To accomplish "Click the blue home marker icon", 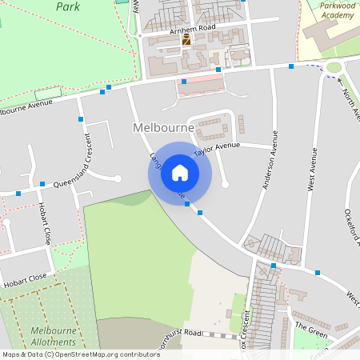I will click(x=180, y=173).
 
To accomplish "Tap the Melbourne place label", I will click(x=162, y=128).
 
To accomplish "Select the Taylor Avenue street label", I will click(x=216, y=148).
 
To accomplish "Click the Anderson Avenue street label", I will click(x=271, y=160).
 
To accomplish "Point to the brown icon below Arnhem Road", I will click(x=186, y=39).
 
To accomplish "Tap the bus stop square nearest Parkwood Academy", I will click(x=291, y=66).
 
